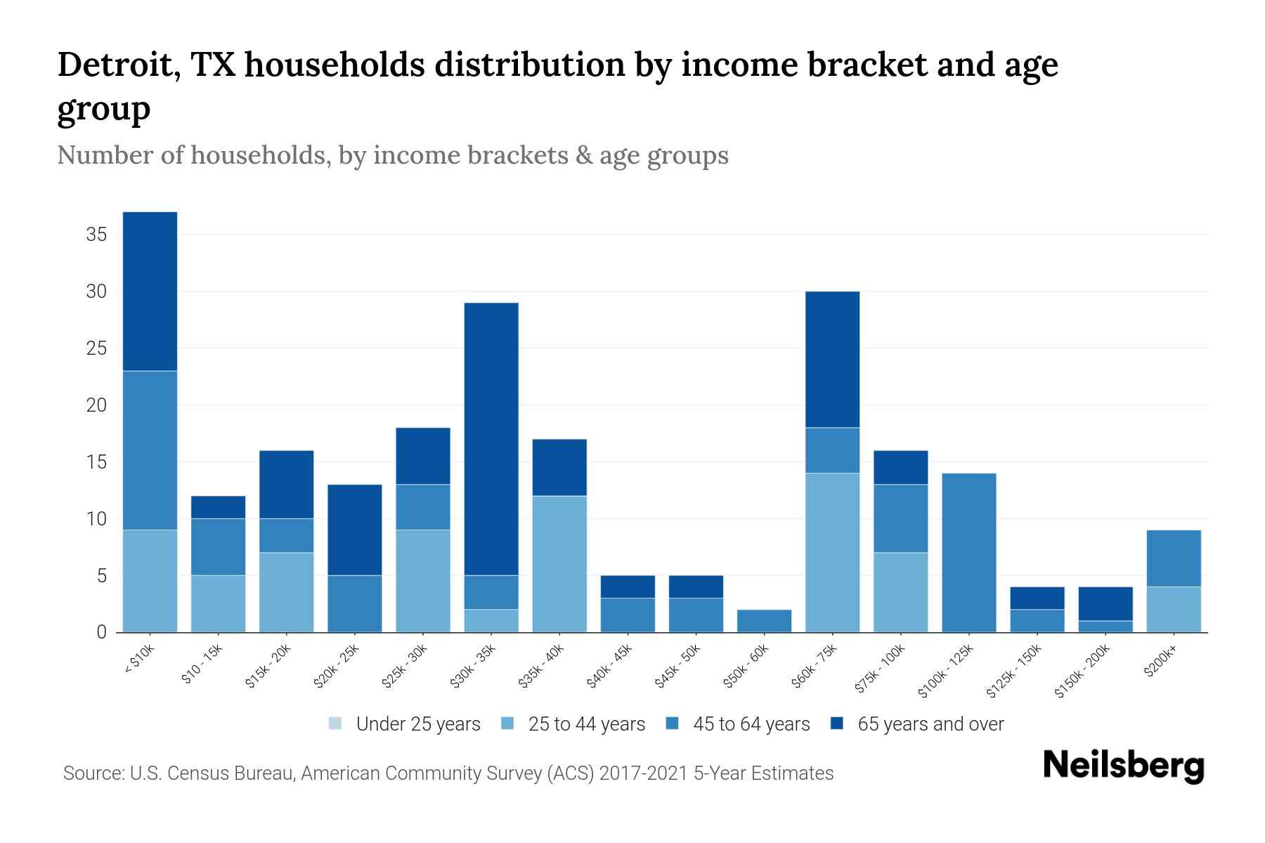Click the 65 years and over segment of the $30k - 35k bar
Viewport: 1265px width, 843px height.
[x=491, y=439]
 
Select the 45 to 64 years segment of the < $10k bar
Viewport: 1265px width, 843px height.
[x=150, y=450]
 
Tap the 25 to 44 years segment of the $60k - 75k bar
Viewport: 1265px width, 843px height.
[x=832, y=553]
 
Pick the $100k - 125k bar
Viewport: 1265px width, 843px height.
[x=969, y=553]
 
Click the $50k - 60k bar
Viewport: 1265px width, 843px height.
[x=764, y=621]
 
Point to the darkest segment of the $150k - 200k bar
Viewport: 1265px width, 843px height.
[x=1105, y=603]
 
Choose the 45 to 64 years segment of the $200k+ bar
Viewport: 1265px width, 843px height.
[x=1174, y=558]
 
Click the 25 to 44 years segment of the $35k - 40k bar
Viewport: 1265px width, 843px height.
[x=559, y=564]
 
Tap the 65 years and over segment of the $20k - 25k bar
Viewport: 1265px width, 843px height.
[x=355, y=530]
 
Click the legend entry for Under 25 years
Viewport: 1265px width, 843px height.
[x=405, y=724]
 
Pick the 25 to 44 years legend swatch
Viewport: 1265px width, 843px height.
[x=508, y=724]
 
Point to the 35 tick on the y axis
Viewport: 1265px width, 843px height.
[x=96, y=235]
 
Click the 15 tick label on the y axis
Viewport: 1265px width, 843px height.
[x=96, y=462]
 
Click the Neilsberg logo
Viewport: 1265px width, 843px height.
[x=1123, y=766]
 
